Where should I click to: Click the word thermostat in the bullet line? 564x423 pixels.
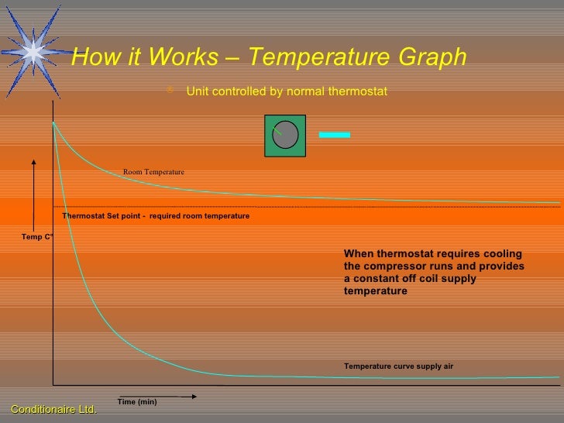tap(359, 92)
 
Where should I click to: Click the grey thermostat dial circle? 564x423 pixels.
tap(286, 135)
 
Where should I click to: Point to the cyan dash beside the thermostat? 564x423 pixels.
tap(335, 135)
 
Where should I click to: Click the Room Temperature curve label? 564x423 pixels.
tap(153, 171)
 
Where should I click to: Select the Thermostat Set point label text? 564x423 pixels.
tap(156, 216)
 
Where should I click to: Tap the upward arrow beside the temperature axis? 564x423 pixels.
tap(34, 194)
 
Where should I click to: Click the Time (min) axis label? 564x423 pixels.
tap(137, 401)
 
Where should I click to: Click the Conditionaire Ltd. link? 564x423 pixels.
tap(53, 408)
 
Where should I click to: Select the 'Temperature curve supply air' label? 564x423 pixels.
tap(398, 366)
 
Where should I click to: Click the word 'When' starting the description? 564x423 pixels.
tap(358, 254)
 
